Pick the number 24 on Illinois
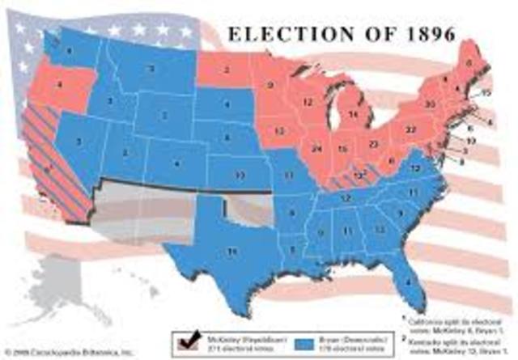tap(316, 149)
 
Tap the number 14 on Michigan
tap(353, 115)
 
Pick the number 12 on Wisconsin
tap(307, 102)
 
